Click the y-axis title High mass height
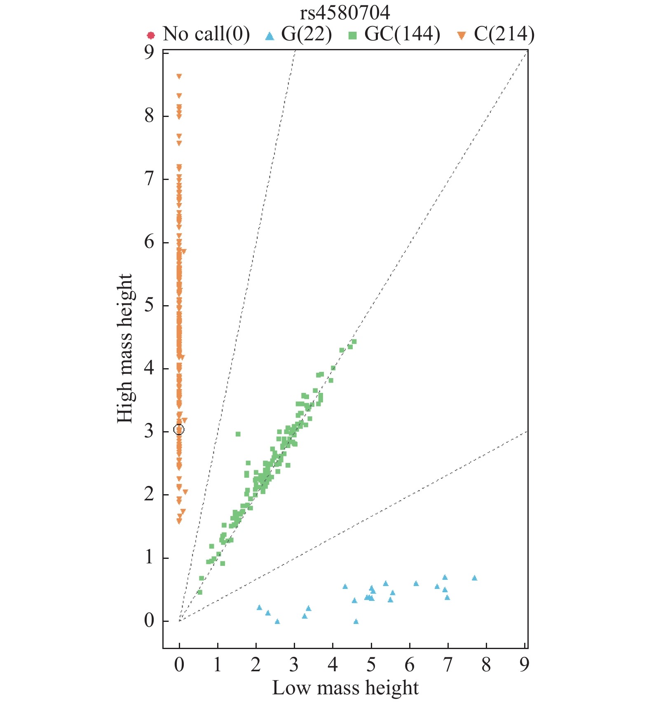click(x=125, y=348)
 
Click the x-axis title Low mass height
click(x=345, y=688)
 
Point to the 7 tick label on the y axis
click(x=149, y=179)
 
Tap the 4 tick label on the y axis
click(x=149, y=368)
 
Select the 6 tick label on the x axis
click(x=409, y=664)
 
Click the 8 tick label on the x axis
click(x=486, y=664)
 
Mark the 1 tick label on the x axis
click(x=217, y=664)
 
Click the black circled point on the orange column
click(x=179, y=430)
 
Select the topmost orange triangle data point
click(x=179, y=76)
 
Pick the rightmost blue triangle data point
click(x=474, y=578)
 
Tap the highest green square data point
click(x=354, y=341)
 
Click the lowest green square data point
click(x=200, y=592)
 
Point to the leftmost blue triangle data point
click(x=259, y=607)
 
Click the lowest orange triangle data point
click(x=179, y=521)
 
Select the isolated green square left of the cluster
click(x=238, y=434)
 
